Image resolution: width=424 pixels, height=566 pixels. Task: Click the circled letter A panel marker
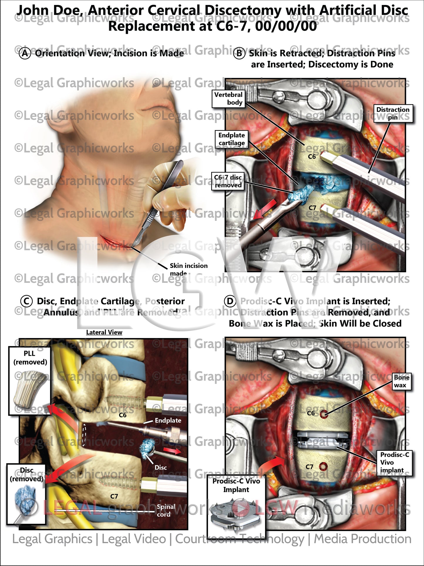coord(25,53)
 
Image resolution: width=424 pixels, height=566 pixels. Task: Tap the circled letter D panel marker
coord(230,301)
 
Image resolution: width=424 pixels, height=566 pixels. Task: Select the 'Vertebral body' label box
coord(228,98)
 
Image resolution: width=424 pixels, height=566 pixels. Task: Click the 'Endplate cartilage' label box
coord(232,139)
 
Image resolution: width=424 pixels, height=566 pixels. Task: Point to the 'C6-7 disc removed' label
coord(228,181)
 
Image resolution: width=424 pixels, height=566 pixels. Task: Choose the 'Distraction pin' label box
coord(393,113)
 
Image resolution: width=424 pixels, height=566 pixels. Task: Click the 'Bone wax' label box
coord(401,381)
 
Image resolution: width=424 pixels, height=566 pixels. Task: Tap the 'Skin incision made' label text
coord(188,269)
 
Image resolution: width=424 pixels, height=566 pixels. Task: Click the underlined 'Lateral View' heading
coord(104,332)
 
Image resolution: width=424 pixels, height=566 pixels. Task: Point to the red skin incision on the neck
coord(113,241)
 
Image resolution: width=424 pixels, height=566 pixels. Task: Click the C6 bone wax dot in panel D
coord(324,414)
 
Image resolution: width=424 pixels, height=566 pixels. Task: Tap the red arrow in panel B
coord(265,209)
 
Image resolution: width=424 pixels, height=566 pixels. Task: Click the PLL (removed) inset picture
coord(29,388)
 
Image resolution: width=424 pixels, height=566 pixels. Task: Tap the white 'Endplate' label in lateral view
coord(168,420)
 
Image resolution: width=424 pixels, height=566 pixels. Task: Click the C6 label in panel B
coord(312,157)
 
